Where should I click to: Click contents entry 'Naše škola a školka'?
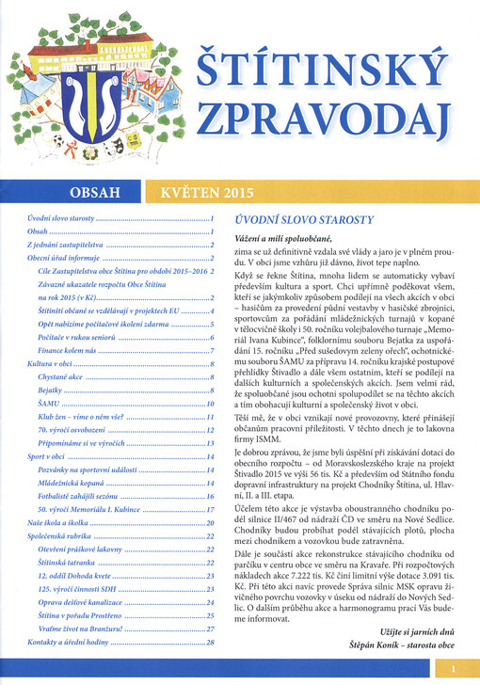coord(60,549)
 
